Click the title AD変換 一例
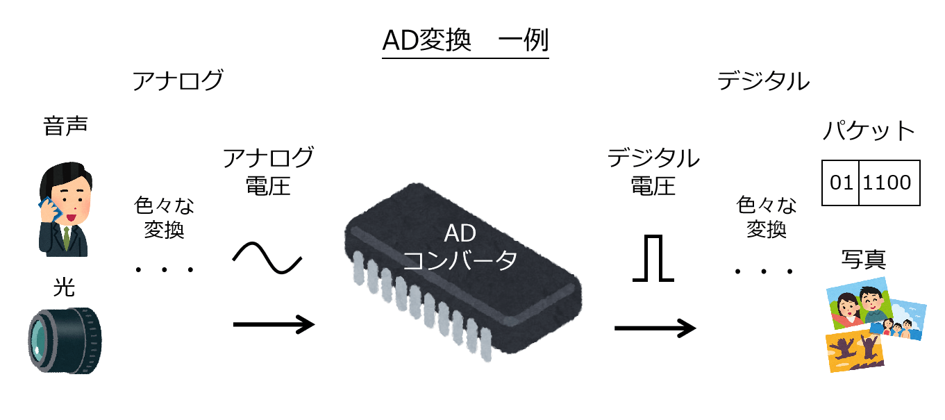coord(465,42)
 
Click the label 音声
coord(65,128)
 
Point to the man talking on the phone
coord(65,208)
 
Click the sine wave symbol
coord(267,260)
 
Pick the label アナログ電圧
coord(268,171)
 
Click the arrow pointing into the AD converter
coord(273,324)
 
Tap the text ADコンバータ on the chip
coord(460,246)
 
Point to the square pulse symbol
coord(653,259)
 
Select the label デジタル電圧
coord(653,171)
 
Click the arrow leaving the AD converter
coord(655,328)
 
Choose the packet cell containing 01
coord(840,183)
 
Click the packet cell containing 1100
coord(889,183)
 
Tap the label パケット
coord(869,131)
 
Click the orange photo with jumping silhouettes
coord(855,351)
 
